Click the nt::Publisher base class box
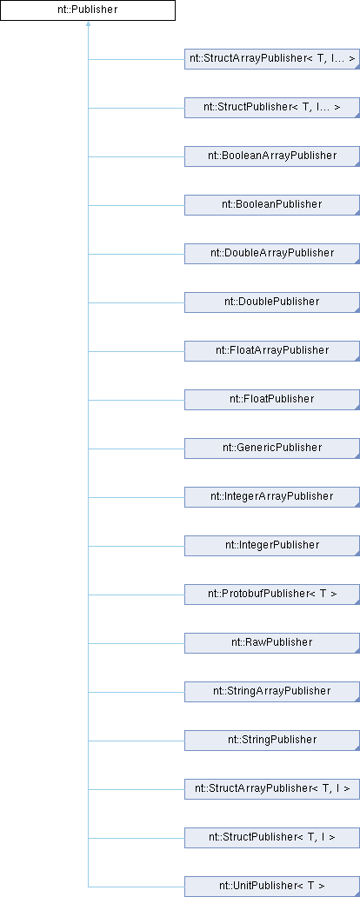[88, 11]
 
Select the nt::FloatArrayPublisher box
[272, 350]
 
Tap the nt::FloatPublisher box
[272, 399]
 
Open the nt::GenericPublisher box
[272, 448]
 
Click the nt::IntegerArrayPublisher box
[272, 496]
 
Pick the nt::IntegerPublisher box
[272, 545]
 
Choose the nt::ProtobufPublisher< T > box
[272, 594]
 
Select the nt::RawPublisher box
[272, 642]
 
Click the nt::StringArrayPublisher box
[272, 691]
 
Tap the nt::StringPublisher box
[272, 740]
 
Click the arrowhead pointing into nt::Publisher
[88, 24]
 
